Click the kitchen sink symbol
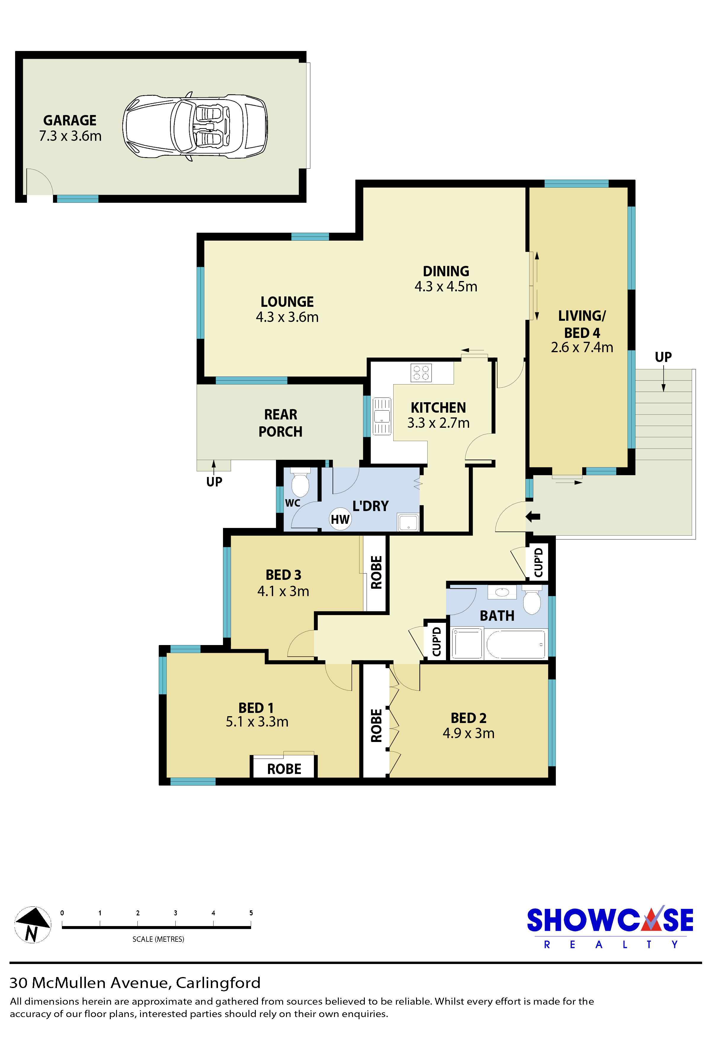click(x=382, y=416)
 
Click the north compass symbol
click(x=33, y=925)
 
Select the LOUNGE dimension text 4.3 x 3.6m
click(x=287, y=317)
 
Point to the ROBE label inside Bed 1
click(x=284, y=769)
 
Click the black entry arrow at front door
click(x=533, y=517)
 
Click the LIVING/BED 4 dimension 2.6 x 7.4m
click(x=582, y=347)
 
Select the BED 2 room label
click(x=468, y=718)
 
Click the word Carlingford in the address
click(x=218, y=983)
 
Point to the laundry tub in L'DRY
click(x=408, y=522)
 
